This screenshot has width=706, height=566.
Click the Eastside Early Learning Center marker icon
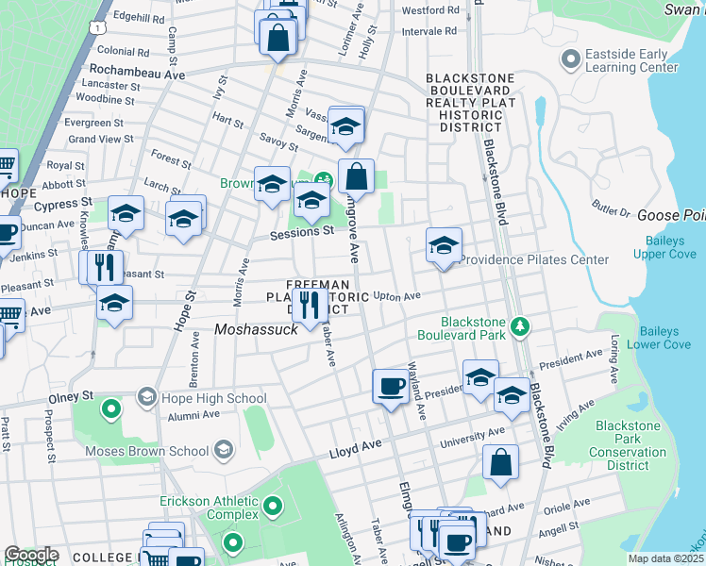[x=569, y=60]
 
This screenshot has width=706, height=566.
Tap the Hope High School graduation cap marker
[x=146, y=398]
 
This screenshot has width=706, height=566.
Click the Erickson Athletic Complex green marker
[x=273, y=508]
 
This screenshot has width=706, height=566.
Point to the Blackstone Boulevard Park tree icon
[x=519, y=326]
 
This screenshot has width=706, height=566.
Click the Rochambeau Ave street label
[x=136, y=70]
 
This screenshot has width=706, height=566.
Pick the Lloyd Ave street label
[x=355, y=453]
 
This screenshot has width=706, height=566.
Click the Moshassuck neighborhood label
[x=256, y=329]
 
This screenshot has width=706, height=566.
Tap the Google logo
[x=31, y=555]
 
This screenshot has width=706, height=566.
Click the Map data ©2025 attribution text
[x=665, y=558]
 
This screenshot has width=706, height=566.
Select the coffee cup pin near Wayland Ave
[x=391, y=385]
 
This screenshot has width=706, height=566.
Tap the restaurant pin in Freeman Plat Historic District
[x=309, y=304]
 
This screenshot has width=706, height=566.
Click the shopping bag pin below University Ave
[x=500, y=461]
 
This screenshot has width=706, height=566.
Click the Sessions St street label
[x=302, y=231]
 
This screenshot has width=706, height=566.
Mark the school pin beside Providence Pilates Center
[x=444, y=245]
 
